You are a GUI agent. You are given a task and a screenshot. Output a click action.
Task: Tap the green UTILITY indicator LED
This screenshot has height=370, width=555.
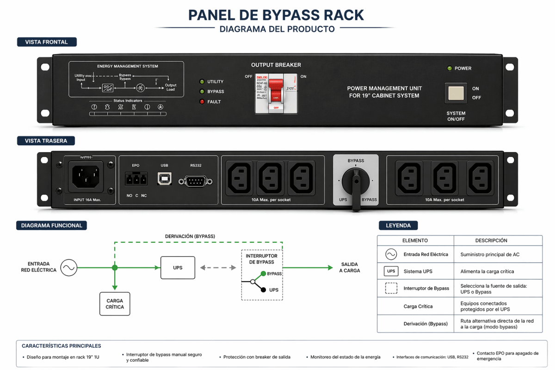coord(202,82)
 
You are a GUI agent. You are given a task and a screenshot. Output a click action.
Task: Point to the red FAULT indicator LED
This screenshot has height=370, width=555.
coord(202,102)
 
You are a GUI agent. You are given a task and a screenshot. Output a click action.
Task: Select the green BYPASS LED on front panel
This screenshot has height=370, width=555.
coord(202,92)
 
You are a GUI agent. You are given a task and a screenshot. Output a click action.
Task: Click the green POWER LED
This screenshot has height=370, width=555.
coord(449,68)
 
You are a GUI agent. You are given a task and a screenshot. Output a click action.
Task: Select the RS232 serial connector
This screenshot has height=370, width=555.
coord(196,180)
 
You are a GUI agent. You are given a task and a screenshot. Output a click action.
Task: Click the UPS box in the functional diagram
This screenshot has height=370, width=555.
coord(178,268)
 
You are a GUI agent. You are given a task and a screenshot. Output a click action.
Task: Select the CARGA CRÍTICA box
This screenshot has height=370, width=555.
coord(115,304)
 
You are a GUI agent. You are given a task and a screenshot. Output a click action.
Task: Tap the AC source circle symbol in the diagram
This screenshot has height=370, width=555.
coord(68,268)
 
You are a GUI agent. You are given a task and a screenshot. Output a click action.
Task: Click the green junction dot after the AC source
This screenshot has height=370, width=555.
coord(115,268)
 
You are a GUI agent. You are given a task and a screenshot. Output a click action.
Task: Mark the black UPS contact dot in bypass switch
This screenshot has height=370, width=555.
coord(263,290)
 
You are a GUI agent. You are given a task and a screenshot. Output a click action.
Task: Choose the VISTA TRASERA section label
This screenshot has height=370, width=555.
coord(46,141)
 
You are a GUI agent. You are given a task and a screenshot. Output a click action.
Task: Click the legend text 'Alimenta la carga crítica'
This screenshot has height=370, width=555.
coord(487,271)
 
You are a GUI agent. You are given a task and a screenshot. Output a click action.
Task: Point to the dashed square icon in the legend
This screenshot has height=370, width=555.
coord(391,288)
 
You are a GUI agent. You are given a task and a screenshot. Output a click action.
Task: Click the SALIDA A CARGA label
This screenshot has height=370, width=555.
coord(349,267)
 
